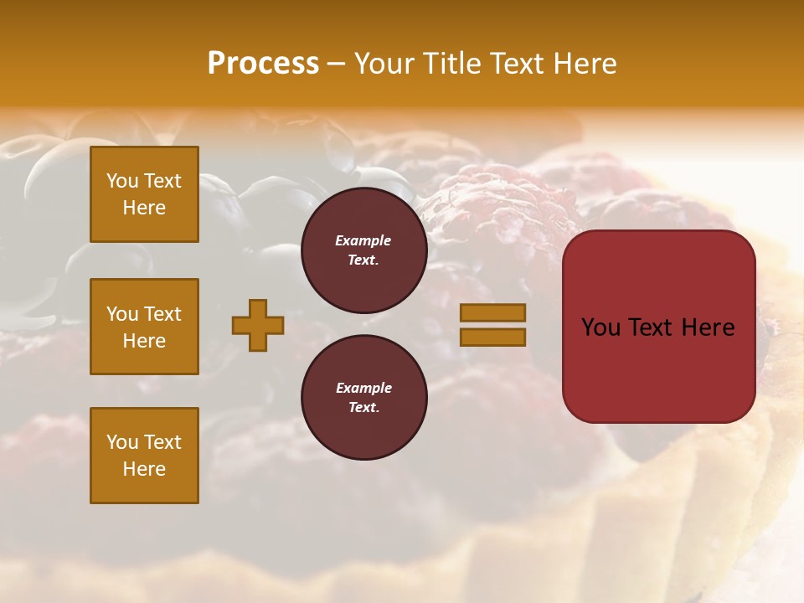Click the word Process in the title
coord(263,64)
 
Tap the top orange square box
coord(144,194)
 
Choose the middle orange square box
coord(144,327)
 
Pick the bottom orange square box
coord(144,455)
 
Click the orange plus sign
coord(258,325)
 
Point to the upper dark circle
coord(363,250)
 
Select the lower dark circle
coord(363,398)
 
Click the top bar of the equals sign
coord(492,312)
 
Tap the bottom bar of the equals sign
coord(492,337)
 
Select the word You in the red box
coord(601,327)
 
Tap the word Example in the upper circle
coord(363,240)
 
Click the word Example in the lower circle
coord(363,388)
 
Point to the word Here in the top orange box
coord(144,208)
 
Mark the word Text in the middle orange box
coord(162,314)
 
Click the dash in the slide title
coord(337,64)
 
